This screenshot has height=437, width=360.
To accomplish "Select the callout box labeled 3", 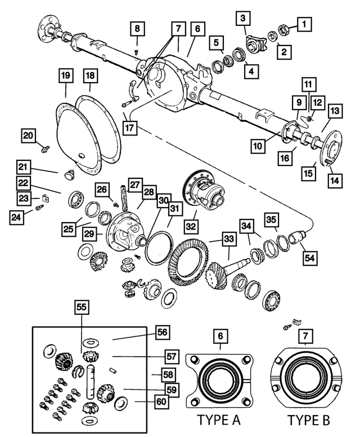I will pyautogui.click(x=242, y=19).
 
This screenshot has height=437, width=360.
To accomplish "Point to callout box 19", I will pyautogui.click(x=66, y=75).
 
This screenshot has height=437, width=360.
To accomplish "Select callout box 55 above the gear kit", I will pyautogui.click(x=83, y=307).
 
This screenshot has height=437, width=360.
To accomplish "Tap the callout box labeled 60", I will pyautogui.click(x=163, y=402).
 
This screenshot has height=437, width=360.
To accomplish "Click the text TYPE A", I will pyautogui.click(x=219, y=421).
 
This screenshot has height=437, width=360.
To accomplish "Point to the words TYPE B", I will pyautogui.click(x=309, y=421).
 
